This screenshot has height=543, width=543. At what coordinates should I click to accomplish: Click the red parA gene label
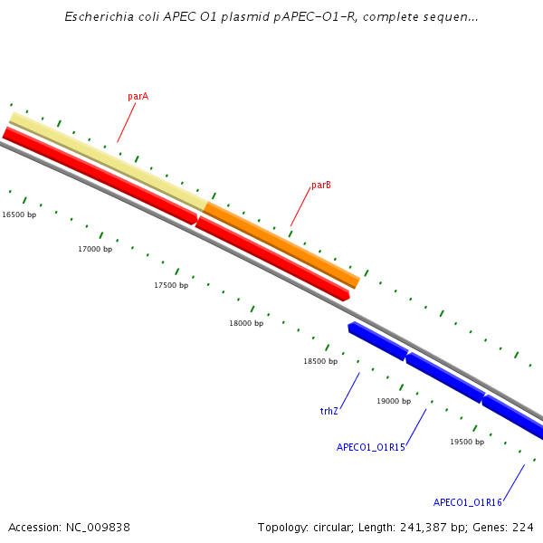tap(138, 96)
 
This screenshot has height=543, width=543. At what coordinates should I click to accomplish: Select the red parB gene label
tap(321, 185)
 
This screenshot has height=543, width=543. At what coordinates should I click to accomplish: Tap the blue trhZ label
tap(329, 411)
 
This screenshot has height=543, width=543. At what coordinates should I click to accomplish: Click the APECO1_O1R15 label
tap(371, 447)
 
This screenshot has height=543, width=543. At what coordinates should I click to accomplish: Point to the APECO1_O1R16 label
tap(468, 502)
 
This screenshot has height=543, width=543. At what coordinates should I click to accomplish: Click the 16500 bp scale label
tap(19, 214)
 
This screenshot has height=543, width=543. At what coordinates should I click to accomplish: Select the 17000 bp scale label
tap(95, 249)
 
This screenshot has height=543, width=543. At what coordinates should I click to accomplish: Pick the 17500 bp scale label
tap(171, 285)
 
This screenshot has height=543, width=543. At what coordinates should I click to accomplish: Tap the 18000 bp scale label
tap(246, 323)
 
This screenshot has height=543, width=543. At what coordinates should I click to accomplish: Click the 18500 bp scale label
tap(320, 361)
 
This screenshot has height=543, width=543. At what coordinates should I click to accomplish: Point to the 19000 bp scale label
tap(394, 401)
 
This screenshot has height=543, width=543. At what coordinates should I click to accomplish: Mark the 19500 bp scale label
tap(467, 442)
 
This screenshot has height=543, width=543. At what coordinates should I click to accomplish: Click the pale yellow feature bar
tap(108, 161)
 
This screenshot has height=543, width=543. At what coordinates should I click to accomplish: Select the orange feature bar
tap(281, 245)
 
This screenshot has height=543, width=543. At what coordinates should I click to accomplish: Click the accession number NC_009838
tap(98, 528)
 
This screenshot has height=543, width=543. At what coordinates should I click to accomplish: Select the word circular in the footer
tap(333, 528)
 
